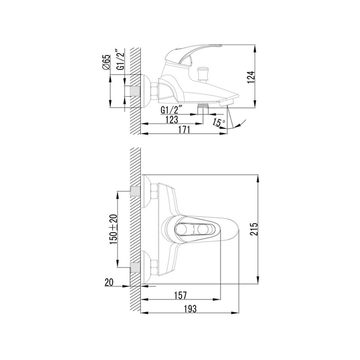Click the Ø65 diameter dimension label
tap(106, 62)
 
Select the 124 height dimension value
tap(251, 78)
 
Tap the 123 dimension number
tap(172, 119)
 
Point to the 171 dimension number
tap(184, 130)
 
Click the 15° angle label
tap(219, 122)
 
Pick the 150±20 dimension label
tap(114, 229)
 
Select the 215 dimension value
tap(254, 229)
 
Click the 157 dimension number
tap(181, 296)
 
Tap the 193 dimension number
tap(190, 309)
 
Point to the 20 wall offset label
tap(109, 282)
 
